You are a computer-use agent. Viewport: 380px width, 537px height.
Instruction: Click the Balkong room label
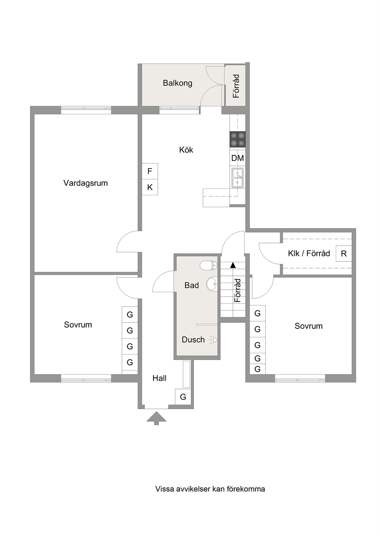coord(177,83)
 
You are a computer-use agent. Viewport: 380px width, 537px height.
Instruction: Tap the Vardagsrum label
coord(85,183)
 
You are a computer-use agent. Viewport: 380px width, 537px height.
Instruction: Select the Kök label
coord(186,150)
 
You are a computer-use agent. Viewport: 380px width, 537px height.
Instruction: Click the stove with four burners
coord(237,139)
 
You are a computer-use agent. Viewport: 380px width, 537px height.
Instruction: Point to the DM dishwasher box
coord(237,158)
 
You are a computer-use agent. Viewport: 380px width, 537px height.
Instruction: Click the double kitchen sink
coord(237,178)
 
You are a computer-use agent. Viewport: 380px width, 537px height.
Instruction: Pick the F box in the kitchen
coord(150,171)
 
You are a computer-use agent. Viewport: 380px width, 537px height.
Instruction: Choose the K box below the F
coord(150,187)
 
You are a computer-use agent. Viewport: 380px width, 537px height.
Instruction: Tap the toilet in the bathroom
coord(208,265)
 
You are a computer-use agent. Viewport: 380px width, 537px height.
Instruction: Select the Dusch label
coord(193,340)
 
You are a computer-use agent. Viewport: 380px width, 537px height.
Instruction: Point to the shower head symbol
coord(213,340)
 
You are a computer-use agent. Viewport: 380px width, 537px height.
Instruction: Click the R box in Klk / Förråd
coord(344,253)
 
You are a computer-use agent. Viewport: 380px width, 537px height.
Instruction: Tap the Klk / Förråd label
coord(309,253)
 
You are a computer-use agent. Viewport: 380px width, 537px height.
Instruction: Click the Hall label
coord(159,378)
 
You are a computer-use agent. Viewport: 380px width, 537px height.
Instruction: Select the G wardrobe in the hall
coord(183,397)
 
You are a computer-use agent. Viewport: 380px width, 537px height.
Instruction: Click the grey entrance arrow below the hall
coord(156,418)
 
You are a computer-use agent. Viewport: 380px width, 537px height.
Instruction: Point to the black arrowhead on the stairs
coord(233,265)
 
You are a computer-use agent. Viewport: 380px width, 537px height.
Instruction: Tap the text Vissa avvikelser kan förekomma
coord(210,482)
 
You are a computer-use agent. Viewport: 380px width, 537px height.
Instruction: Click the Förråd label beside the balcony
coord(236,86)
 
